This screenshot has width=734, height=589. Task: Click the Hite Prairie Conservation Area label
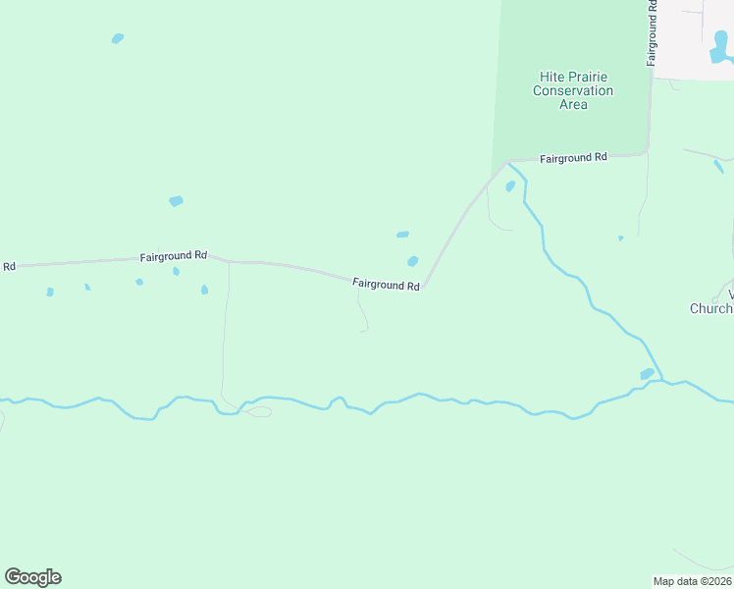pos(573,90)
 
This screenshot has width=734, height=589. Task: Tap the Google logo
pos(32,577)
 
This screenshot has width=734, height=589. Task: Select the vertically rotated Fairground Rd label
pos(652,33)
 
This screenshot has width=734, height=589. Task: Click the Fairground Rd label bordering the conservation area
pos(574,157)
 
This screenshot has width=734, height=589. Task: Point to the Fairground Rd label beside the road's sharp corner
pos(387,285)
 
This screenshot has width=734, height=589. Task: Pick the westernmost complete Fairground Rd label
pos(173,255)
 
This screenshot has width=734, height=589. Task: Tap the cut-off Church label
pos(711,308)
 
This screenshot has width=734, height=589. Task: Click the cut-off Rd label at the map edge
pos(10,266)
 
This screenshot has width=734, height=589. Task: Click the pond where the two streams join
pos(647,374)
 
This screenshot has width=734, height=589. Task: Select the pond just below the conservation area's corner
pos(510,187)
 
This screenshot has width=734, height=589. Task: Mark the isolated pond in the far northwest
pos(118,39)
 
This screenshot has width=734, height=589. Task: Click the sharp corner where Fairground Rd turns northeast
pos(425,288)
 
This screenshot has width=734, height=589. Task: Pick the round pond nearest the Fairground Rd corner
pos(413,261)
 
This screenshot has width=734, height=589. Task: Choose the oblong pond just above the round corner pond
pos(402,235)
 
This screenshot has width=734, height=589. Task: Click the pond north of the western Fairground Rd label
pos(176,201)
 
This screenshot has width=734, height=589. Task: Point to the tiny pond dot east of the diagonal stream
pos(620,238)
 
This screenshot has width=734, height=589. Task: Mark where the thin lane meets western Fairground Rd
pos(229,262)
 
